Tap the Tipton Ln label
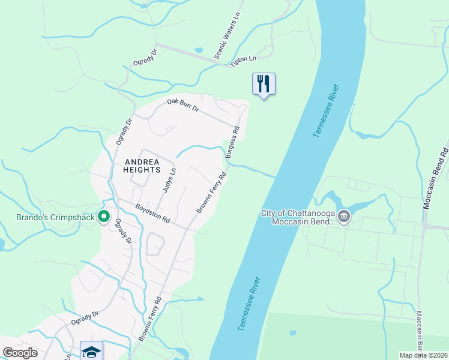[x=244, y=58]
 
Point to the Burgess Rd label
[x=232, y=142]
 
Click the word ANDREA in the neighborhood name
[x=142, y=162]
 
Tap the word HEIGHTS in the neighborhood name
[x=142, y=170]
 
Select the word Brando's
[x=32, y=217]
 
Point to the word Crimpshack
[x=74, y=217]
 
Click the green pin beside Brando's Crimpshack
[x=104, y=216]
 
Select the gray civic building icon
[x=343, y=216]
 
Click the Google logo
[x=20, y=353]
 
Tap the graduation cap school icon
[x=91, y=351]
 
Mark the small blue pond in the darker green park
[x=292, y=332]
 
